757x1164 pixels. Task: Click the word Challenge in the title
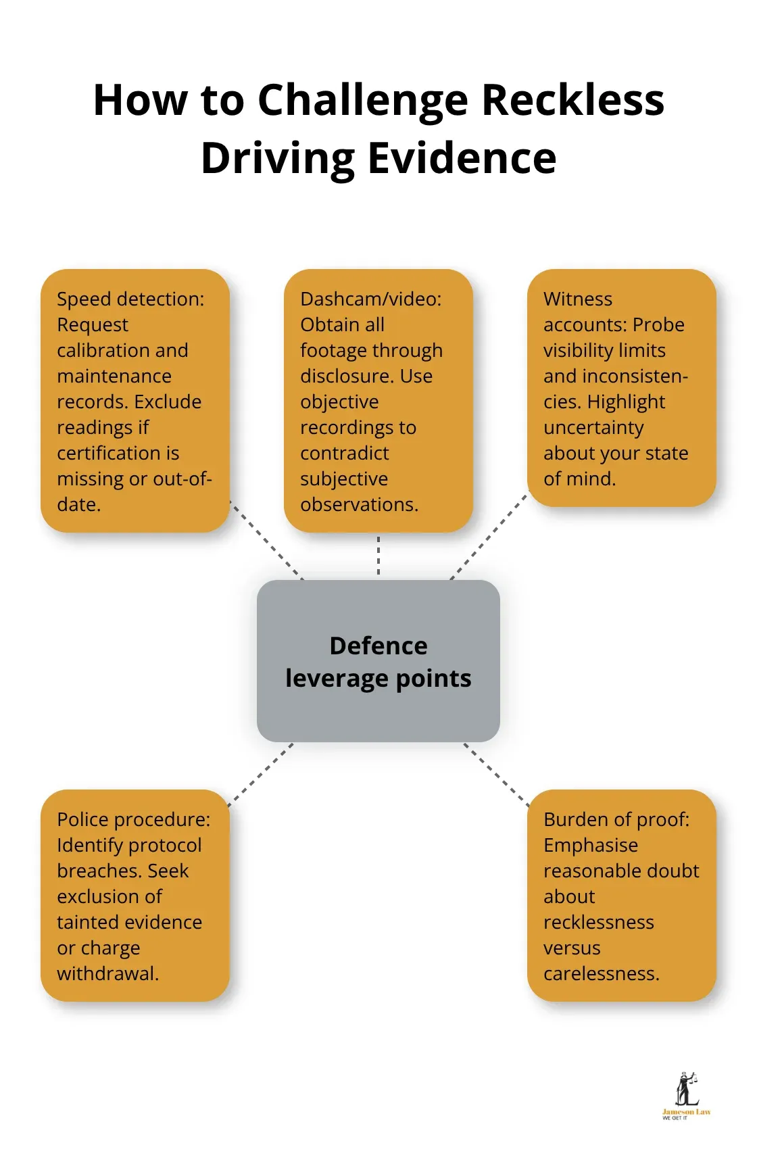point(363,101)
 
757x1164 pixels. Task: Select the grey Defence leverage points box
point(378,660)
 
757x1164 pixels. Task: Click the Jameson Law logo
point(686,1096)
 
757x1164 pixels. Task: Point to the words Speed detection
point(130,299)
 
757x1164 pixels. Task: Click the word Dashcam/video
point(371,299)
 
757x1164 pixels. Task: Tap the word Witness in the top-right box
point(578,299)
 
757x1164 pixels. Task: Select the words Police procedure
point(134,819)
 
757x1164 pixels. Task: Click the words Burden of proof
point(616,819)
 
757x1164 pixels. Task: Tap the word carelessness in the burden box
point(602,973)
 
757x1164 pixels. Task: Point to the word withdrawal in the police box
point(108,973)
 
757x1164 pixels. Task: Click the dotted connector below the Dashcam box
point(378,556)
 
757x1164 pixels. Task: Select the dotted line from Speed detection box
point(266,540)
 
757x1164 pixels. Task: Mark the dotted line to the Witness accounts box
point(489,535)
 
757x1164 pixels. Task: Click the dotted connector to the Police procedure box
point(261,775)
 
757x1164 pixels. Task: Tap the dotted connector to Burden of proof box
point(496,775)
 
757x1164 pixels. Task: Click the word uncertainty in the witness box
point(593,428)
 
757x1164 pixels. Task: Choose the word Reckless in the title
point(573,101)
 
